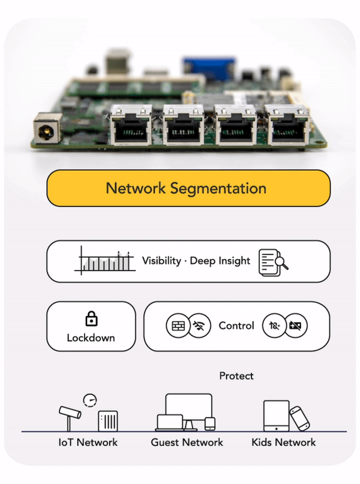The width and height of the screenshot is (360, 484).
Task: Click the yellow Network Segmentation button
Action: (x=188, y=188)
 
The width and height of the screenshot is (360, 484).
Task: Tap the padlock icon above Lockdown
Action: (x=91, y=318)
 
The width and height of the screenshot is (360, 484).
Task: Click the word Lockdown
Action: (x=91, y=338)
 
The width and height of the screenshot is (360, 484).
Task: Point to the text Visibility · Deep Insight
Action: (x=196, y=261)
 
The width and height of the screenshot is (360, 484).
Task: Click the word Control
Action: (x=236, y=326)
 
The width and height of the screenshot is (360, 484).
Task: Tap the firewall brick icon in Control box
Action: (x=178, y=326)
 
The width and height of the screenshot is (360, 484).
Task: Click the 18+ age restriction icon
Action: (x=275, y=326)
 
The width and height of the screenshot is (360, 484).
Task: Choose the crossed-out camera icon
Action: (x=296, y=326)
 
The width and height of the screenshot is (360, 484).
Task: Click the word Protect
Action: (x=236, y=376)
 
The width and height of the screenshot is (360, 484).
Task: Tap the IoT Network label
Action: (x=88, y=443)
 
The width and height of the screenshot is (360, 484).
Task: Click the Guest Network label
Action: (x=187, y=443)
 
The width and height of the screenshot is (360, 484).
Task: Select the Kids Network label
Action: (x=284, y=443)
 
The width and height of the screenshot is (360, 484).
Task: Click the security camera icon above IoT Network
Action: (x=70, y=414)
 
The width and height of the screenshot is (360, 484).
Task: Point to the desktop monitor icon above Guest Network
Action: (x=189, y=409)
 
